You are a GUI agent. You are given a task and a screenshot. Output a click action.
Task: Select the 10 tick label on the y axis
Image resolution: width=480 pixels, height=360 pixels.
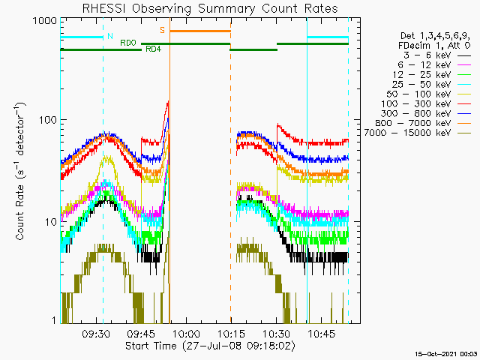(x=49, y=222)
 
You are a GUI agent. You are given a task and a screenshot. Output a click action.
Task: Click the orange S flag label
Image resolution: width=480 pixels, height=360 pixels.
(x=162, y=30)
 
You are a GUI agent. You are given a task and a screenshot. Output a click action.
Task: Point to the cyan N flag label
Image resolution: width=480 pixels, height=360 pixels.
(x=110, y=36)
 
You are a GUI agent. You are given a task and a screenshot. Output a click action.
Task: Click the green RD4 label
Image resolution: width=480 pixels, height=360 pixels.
(x=152, y=49)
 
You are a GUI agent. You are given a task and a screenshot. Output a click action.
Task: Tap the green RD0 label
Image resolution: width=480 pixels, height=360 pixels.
(x=128, y=43)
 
